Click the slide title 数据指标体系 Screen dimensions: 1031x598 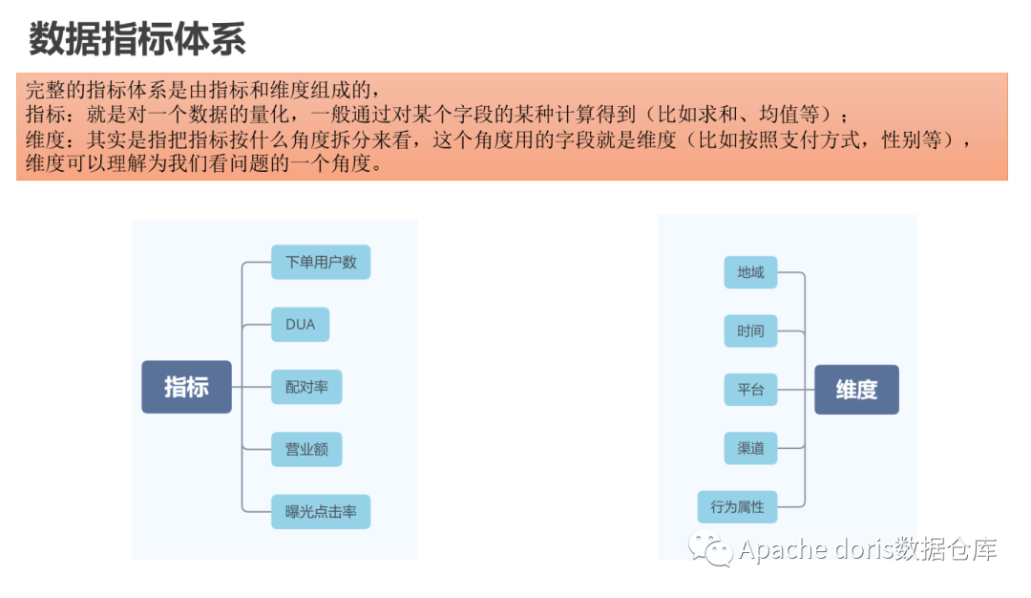(x=137, y=39)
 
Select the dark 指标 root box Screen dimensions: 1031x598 (x=186, y=387)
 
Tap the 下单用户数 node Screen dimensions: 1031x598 (x=321, y=262)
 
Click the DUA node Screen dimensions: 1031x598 (x=300, y=325)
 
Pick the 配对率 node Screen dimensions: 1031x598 (x=306, y=387)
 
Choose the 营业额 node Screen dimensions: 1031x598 (x=306, y=449)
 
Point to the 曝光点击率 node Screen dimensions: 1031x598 (x=321, y=511)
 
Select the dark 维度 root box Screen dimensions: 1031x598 (x=856, y=389)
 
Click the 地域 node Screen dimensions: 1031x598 (x=750, y=272)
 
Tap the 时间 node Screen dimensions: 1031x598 (x=750, y=331)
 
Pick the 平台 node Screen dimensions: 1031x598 (x=750, y=390)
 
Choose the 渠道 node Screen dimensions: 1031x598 (x=750, y=448)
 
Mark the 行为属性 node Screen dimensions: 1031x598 (x=737, y=507)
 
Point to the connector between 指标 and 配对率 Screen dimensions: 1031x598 (x=252, y=387)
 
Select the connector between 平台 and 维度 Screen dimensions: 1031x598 (x=795, y=390)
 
